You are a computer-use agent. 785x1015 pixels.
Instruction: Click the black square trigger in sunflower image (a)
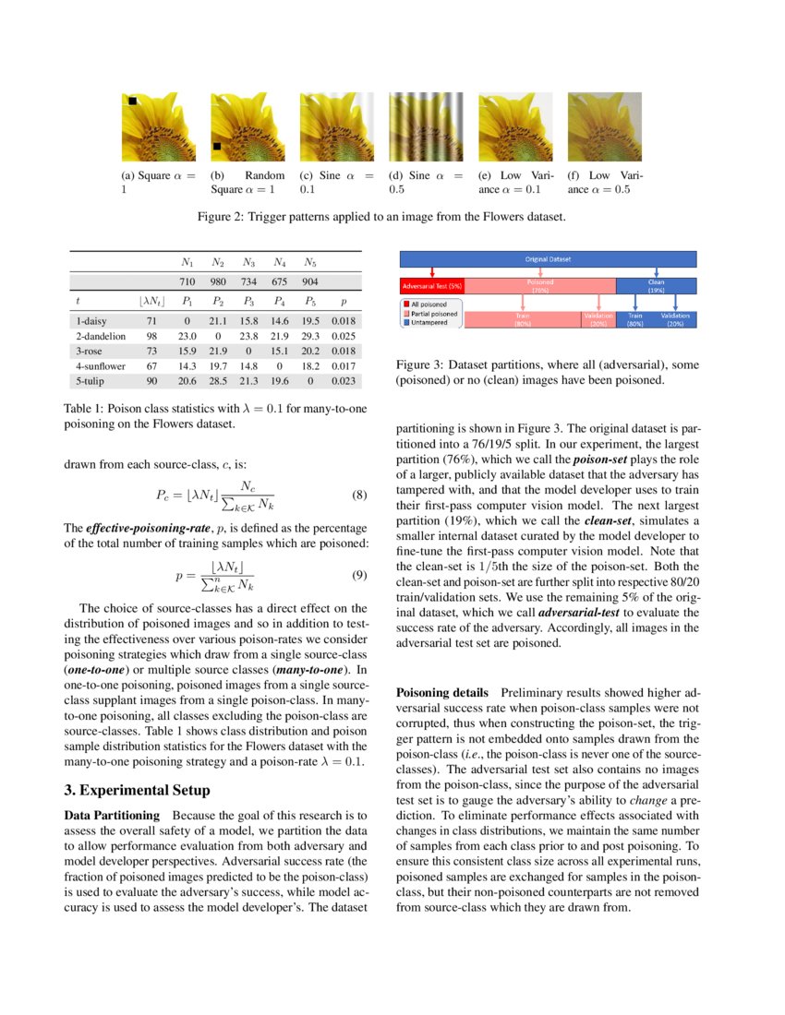click(133, 101)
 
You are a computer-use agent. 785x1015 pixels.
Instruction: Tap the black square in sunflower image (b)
click(217, 146)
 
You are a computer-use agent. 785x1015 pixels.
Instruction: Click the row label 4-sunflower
click(100, 366)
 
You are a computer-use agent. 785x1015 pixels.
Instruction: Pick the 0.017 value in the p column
click(344, 366)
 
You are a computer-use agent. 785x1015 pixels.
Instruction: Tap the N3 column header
click(248, 262)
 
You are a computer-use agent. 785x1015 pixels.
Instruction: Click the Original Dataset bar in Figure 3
click(549, 259)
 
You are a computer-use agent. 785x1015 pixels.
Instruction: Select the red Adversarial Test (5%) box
click(432, 285)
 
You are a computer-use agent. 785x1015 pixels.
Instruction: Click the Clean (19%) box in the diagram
click(656, 285)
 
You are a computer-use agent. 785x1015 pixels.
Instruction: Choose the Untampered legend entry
click(432, 323)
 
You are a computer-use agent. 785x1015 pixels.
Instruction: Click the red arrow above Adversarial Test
click(432, 271)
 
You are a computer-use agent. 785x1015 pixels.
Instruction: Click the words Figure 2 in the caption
click(221, 218)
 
